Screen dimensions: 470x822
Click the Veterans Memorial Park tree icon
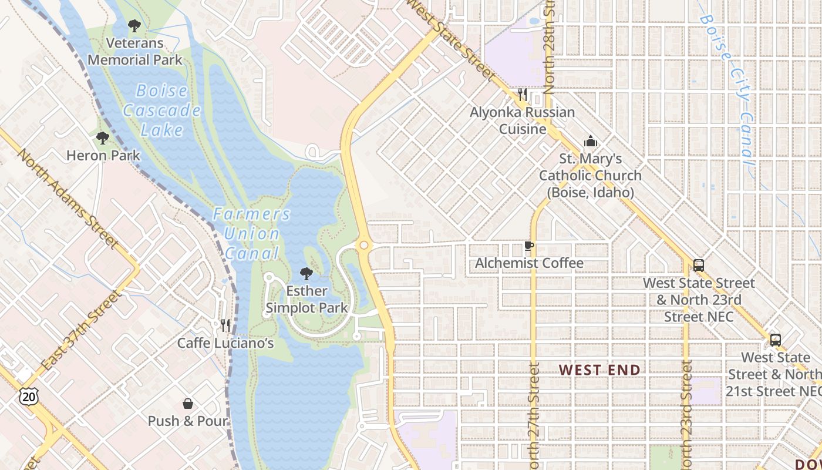(x=134, y=26)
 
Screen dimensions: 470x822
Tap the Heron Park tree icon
(x=103, y=139)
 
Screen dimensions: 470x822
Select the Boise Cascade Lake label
(x=162, y=110)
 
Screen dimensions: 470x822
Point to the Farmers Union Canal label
(x=251, y=233)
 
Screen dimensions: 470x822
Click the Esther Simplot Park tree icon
(x=306, y=274)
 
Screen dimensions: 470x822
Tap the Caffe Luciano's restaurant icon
(x=225, y=325)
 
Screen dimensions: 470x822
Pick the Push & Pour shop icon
(x=188, y=404)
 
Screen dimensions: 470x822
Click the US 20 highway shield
(x=28, y=397)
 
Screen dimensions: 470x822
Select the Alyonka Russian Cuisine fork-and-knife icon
(x=523, y=95)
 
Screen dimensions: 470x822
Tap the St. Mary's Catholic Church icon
(x=590, y=141)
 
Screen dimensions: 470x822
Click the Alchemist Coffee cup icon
(x=529, y=246)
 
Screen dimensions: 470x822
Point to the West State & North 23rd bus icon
(x=698, y=266)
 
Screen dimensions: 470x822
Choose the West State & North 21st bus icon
(x=776, y=340)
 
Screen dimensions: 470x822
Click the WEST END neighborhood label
(x=599, y=370)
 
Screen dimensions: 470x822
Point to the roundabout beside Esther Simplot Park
(x=364, y=244)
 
